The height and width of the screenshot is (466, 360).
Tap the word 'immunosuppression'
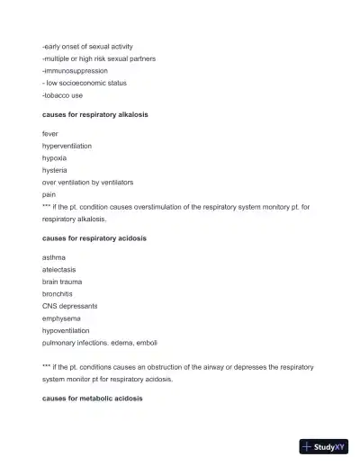[x=76, y=70]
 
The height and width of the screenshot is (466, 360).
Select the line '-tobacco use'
[x=62, y=94]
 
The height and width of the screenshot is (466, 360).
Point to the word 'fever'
[x=50, y=134]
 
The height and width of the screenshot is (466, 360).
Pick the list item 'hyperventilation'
[x=67, y=146]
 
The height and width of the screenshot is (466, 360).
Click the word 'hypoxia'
[x=54, y=157]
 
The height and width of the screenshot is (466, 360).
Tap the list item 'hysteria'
[x=54, y=170]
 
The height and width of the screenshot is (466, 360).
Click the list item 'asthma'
[x=53, y=257]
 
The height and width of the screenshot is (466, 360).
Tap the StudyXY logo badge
[x=324, y=446]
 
